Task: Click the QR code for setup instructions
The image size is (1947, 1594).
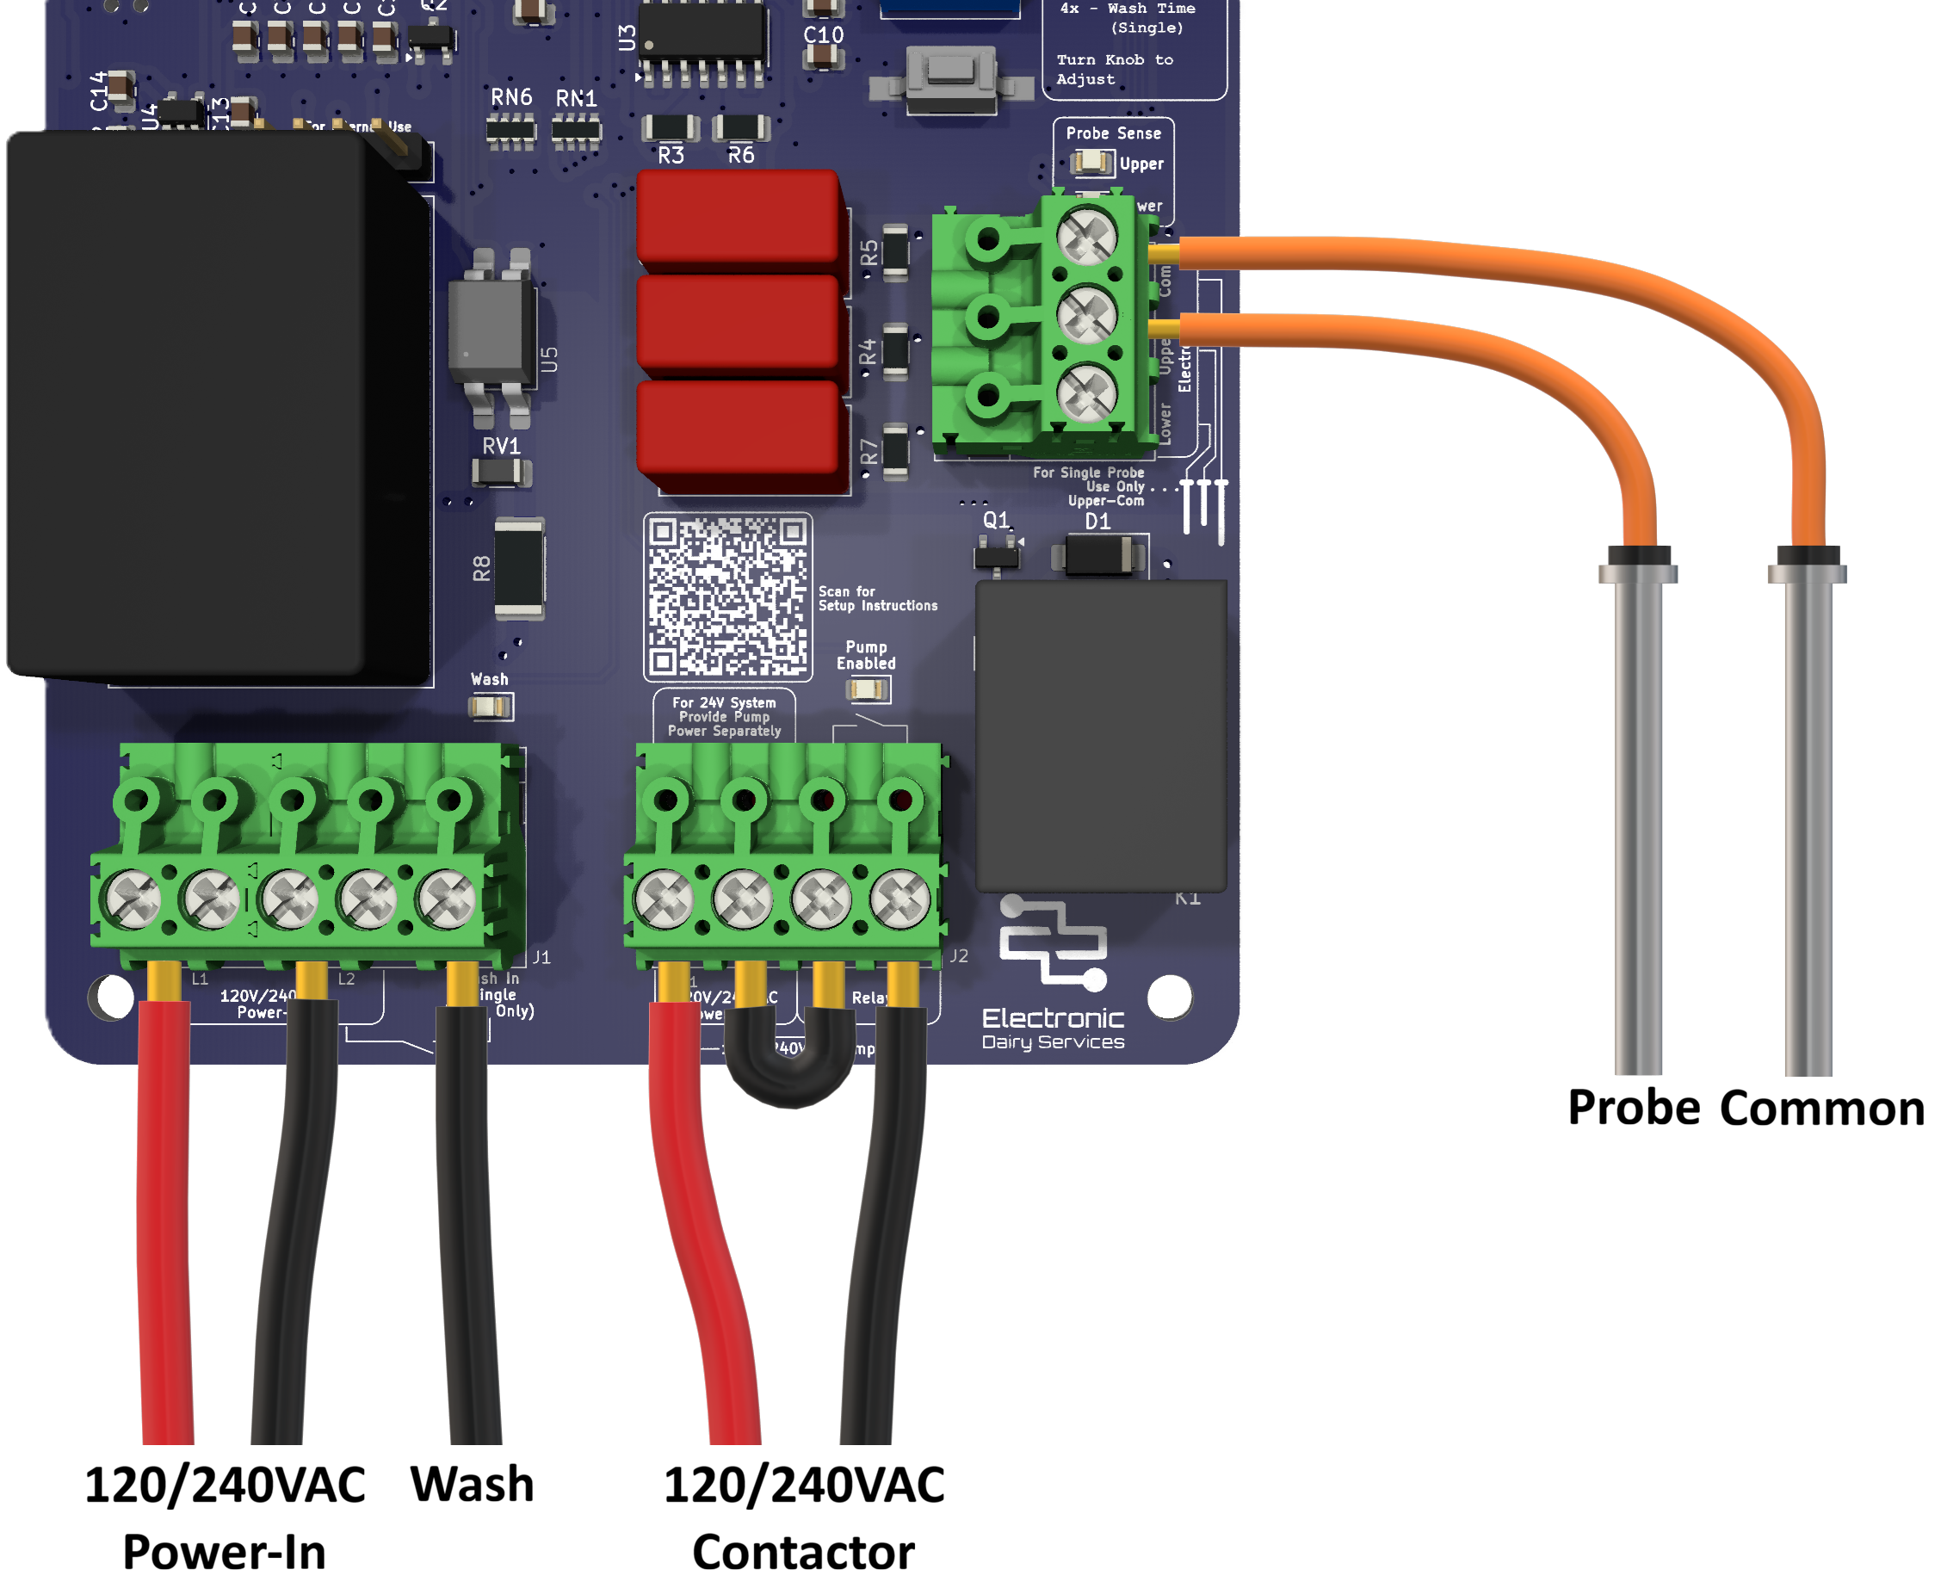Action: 727,596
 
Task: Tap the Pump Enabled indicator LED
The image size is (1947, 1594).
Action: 866,689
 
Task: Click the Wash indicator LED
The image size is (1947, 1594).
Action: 490,707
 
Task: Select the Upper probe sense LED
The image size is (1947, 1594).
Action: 1091,164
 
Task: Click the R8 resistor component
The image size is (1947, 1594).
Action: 519,567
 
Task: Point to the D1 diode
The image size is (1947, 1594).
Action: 1098,555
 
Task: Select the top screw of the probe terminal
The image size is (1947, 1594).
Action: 1086,236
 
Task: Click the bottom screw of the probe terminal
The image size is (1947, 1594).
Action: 1086,393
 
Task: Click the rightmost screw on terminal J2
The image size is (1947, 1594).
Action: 900,898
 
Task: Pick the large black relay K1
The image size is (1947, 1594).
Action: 1100,734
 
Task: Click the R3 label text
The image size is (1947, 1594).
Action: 671,155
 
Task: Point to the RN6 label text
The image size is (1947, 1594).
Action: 511,96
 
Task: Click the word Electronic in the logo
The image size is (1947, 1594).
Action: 1053,1018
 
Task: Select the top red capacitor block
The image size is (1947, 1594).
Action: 738,218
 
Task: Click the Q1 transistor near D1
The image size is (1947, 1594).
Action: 997,553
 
